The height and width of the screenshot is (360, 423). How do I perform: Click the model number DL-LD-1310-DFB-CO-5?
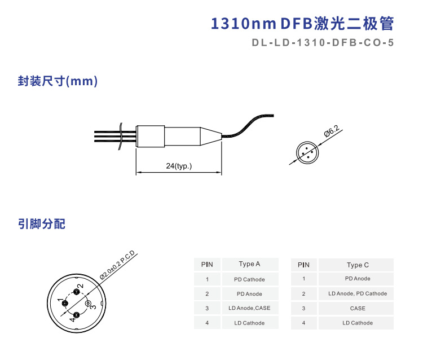point(323,43)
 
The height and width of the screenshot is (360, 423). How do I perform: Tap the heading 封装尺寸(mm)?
point(58,81)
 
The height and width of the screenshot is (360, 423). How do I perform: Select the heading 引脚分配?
point(42,224)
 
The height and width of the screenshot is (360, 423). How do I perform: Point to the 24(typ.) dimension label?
point(179,166)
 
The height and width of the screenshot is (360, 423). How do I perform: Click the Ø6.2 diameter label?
point(332,131)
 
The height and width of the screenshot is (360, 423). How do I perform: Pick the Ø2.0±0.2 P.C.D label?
point(117,265)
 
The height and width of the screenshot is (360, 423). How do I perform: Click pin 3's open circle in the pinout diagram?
point(87,304)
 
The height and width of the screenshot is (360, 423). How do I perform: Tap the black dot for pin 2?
point(77,292)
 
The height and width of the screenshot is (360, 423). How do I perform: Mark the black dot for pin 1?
point(65,304)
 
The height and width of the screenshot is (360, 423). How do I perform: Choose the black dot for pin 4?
point(77,315)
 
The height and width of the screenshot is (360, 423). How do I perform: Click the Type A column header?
point(249,264)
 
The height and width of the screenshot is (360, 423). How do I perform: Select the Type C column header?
point(358,265)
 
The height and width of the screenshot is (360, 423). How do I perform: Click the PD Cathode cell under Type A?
point(249,279)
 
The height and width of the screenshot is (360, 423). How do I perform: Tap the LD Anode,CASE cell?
point(249,308)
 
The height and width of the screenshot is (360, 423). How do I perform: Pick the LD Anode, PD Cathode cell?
point(358,293)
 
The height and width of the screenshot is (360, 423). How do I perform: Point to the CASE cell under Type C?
point(358,308)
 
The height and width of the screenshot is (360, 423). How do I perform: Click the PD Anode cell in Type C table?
point(358,279)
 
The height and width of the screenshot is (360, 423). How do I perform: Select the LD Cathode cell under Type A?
point(249,323)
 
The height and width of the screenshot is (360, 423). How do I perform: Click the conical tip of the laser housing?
point(211,137)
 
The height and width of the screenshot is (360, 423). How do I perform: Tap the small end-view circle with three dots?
point(307,152)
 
